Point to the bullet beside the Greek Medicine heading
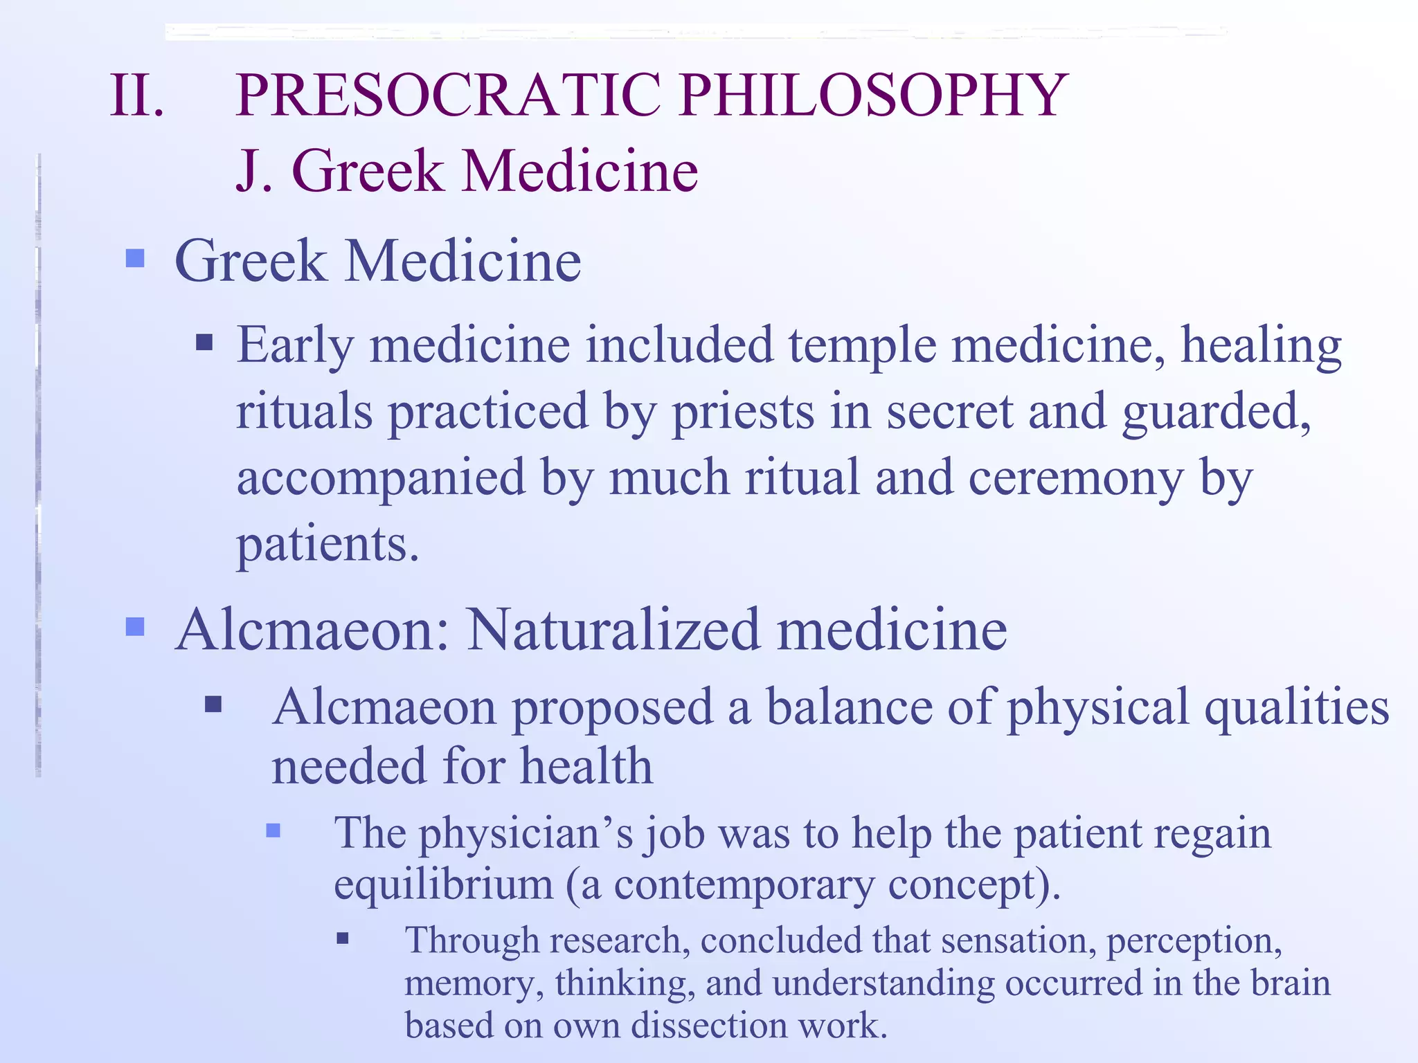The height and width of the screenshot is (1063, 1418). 135,259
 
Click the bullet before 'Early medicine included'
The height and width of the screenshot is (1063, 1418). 204,343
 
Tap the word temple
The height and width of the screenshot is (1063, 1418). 863,345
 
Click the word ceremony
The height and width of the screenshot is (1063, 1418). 1076,478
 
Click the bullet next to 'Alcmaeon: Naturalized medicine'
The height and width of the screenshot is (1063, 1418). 135,627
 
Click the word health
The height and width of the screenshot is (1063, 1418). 586,767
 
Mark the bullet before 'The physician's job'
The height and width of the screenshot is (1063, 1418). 273,830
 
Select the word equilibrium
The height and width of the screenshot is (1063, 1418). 443,885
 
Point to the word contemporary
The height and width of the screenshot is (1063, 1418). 744,885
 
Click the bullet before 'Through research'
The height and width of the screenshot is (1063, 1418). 343,939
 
